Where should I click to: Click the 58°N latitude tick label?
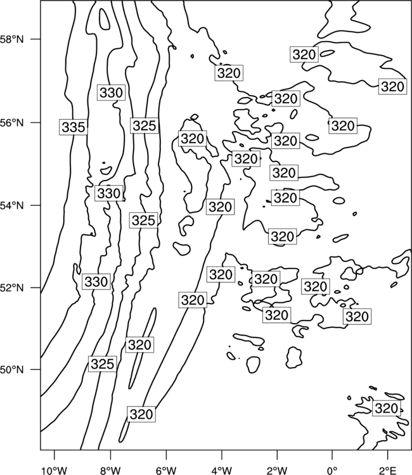pos(11,39)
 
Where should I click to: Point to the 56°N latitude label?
pos(11,123)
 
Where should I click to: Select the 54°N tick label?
pos(11,206)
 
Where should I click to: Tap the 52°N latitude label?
pos(11,288)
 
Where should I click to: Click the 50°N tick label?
pos(11,370)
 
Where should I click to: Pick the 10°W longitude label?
pos(55,471)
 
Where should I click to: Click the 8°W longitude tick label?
pos(110,471)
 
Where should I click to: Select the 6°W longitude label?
pos(166,471)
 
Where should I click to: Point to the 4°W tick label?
pos(221,471)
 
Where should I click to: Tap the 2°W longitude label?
pos(277,471)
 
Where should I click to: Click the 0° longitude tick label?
pos(332,471)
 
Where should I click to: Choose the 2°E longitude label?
pos(388,471)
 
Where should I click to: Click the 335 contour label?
pos(74,127)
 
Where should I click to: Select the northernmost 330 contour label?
pos(112,92)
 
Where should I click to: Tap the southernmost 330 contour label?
pos(96,282)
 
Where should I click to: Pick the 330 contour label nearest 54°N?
pos(109,193)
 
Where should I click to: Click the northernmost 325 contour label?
pos(145,125)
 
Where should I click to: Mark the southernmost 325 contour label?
pos(103,364)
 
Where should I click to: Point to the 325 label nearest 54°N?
pos(144,220)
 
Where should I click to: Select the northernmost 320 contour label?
pos(304,54)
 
